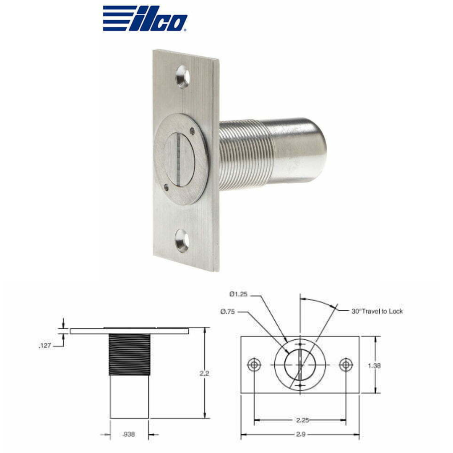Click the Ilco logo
145,18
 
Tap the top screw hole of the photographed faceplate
183,77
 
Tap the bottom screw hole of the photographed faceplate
182,241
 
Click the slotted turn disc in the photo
179,159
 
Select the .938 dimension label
129,435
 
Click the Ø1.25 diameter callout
238,294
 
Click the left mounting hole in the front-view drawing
254,364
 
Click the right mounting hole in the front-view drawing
345,364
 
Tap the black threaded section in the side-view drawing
129,354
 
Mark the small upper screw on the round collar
192,130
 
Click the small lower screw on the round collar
166,187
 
